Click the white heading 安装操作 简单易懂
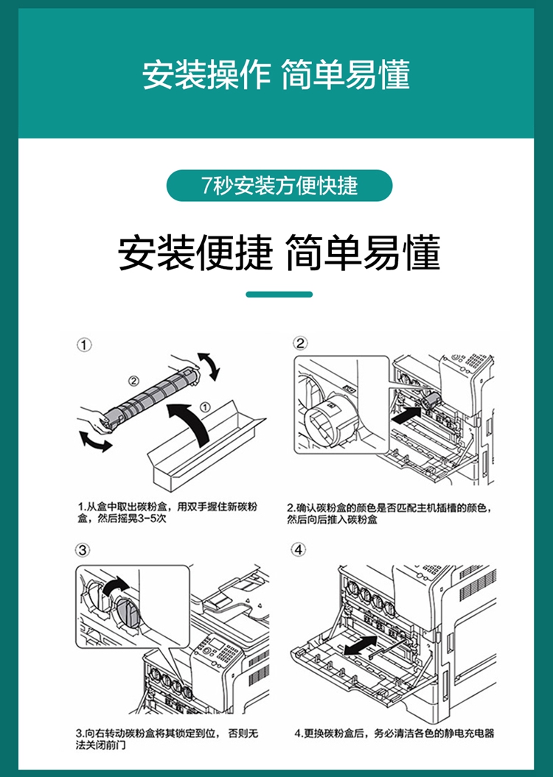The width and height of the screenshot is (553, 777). click(x=276, y=75)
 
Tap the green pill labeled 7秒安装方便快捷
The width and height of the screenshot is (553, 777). click(x=279, y=186)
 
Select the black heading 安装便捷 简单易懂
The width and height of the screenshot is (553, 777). click(x=279, y=253)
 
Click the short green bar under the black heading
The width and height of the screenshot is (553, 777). click(x=279, y=295)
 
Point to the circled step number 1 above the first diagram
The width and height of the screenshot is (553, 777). click(x=84, y=345)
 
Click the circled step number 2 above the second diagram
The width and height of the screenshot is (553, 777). click(x=300, y=343)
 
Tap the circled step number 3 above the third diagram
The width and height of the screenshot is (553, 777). click(x=83, y=550)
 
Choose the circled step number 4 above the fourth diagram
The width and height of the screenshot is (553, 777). click(x=298, y=549)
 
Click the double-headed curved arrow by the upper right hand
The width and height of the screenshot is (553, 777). click(x=209, y=366)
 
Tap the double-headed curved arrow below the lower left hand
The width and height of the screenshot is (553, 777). click(x=95, y=441)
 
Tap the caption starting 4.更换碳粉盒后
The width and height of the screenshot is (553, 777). click(x=394, y=734)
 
